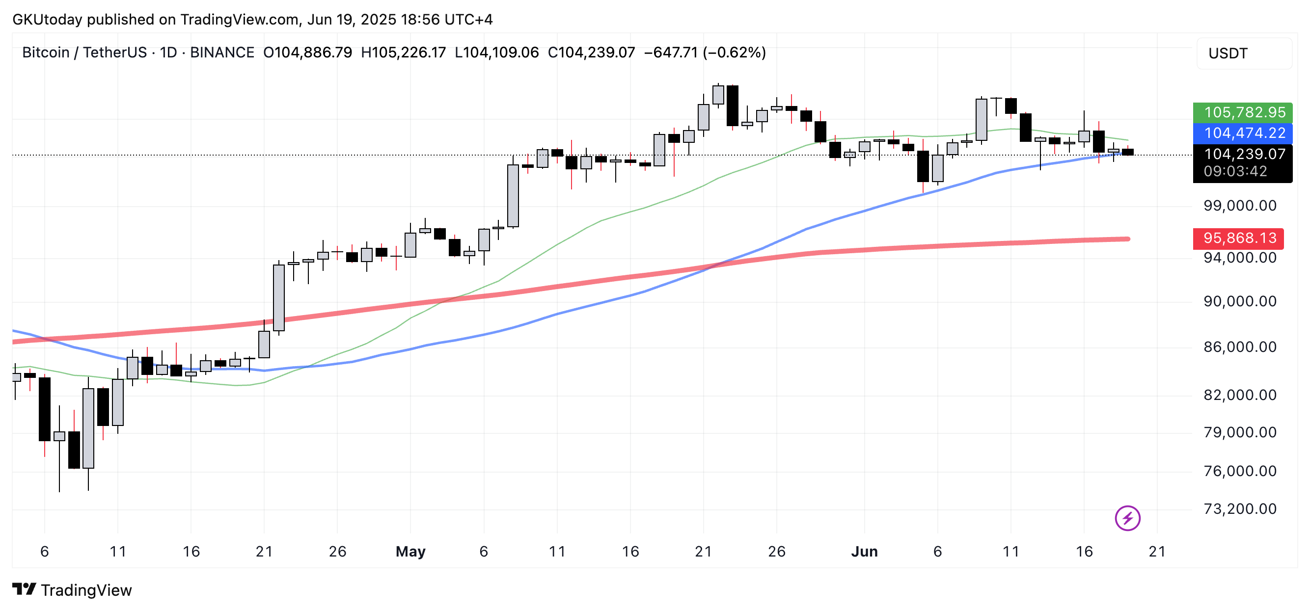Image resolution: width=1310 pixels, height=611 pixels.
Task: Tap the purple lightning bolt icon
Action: click(x=1127, y=518)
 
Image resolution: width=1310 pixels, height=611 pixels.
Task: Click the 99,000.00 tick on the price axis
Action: click(x=1239, y=206)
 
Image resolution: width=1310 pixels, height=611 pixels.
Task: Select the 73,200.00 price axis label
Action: click(x=1239, y=509)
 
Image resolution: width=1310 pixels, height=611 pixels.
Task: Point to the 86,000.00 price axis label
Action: click(x=1239, y=347)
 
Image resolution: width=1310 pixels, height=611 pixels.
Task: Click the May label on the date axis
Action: click(x=410, y=552)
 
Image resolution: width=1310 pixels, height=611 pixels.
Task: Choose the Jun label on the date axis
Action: click(x=864, y=552)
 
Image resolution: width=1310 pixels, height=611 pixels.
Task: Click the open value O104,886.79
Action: click(x=307, y=53)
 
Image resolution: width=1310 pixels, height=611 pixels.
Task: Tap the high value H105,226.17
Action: click(x=403, y=53)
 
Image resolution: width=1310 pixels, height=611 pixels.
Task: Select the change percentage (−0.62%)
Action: click(x=735, y=53)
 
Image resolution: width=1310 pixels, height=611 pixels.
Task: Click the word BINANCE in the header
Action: click(x=222, y=53)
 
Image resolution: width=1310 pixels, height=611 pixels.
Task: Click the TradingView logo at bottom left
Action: click(x=72, y=589)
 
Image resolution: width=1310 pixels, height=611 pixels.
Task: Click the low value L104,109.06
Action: click(x=496, y=53)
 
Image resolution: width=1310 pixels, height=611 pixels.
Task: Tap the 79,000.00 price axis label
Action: click(x=1239, y=432)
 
